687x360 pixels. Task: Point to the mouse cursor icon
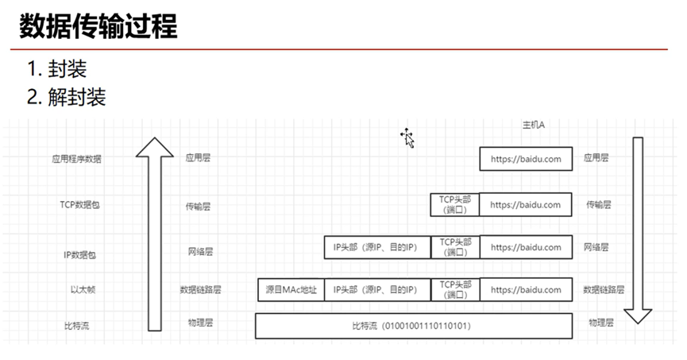click(x=408, y=138)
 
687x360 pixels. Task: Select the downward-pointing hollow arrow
click(x=637, y=230)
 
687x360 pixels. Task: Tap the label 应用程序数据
click(x=77, y=159)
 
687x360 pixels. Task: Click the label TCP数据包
click(x=80, y=204)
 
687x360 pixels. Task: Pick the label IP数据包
click(x=80, y=255)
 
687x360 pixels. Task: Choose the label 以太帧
click(x=83, y=290)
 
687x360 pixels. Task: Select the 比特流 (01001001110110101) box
click(x=414, y=326)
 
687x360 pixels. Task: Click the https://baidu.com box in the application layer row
click(x=525, y=159)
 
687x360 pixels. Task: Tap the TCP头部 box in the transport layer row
click(x=455, y=204)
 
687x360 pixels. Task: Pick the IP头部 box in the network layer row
click(x=376, y=247)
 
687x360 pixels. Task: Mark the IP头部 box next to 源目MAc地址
click(x=376, y=290)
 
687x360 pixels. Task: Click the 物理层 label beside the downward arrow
click(x=601, y=323)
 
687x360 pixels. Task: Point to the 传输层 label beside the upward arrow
click(x=198, y=206)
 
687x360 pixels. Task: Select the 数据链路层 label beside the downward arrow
click(x=604, y=290)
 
